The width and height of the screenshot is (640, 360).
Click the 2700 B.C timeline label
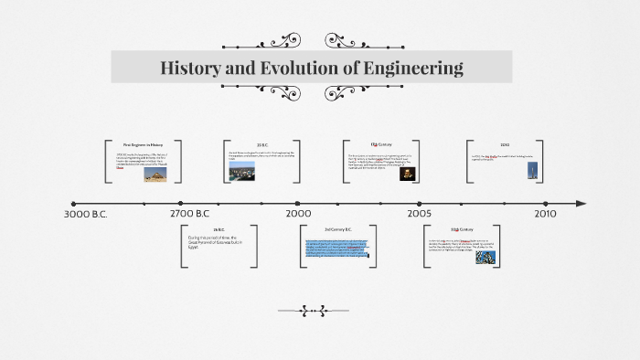click(x=196, y=214)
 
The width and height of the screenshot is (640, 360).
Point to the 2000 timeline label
click(x=298, y=214)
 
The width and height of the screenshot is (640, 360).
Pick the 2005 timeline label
click(x=420, y=214)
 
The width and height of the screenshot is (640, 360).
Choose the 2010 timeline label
click(x=546, y=214)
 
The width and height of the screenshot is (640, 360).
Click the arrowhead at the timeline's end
click(x=580, y=203)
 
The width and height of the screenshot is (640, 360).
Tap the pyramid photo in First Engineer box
click(x=155, y=174)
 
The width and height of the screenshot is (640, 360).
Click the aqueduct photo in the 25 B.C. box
click(x=242, y=174)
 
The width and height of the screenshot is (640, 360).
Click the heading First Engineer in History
click(x=143, y=145)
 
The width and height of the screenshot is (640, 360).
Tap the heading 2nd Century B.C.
click(x=337, y=228)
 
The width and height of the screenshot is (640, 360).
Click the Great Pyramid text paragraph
click(x=212, y=242)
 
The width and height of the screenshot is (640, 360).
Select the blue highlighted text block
click(x=336, y=248)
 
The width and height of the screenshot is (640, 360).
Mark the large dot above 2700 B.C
click(x=181, y=203)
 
